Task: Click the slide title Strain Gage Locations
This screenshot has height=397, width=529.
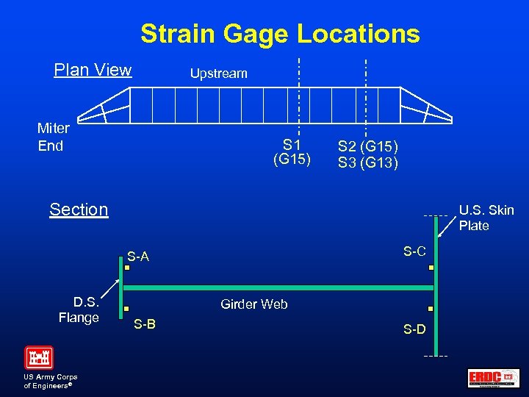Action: pyautogui.click(x=280, y=34)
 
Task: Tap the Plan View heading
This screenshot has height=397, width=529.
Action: pyautogui.click(x=93, y=71)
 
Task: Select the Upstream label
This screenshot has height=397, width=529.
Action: pyautogui.click(x=219, y=74)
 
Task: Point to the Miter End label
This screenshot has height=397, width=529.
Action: pyautogui.click(x=53, y=137)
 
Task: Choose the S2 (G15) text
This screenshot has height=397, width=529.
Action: pyautogui.click(x=368, y=146)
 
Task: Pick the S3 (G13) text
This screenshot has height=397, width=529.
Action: pyautogui.click(x=368, y=162)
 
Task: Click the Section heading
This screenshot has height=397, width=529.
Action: pyautogui.click(x=79, y=210)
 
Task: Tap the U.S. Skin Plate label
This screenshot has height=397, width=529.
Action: pyautogui.click(x=486, y=218)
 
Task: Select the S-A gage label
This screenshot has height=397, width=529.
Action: pyautogui.click(x=138, y=257)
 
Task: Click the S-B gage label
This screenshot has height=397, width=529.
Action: pyautogui.click(x=144, y=324)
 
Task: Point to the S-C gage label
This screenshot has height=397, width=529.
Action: pyautogui.click(x=414, y=251)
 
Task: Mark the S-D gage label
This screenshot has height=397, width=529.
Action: pyautogui.click(x=414, y=329)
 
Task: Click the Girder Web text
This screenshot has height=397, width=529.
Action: pyautogui.click(x=254, y=304)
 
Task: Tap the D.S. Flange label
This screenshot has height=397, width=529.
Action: pyautogui.click(x=80, y=310)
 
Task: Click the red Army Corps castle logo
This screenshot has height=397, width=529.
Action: pyautogui.click(x=39, y=357)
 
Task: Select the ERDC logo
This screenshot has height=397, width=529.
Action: pyautogui.click(x=493, y=378)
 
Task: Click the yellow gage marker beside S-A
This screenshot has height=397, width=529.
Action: pyautogui.click(x=126, y=268)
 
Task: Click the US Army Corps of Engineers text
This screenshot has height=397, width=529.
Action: pyautogui.click(x=51, y=381)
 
